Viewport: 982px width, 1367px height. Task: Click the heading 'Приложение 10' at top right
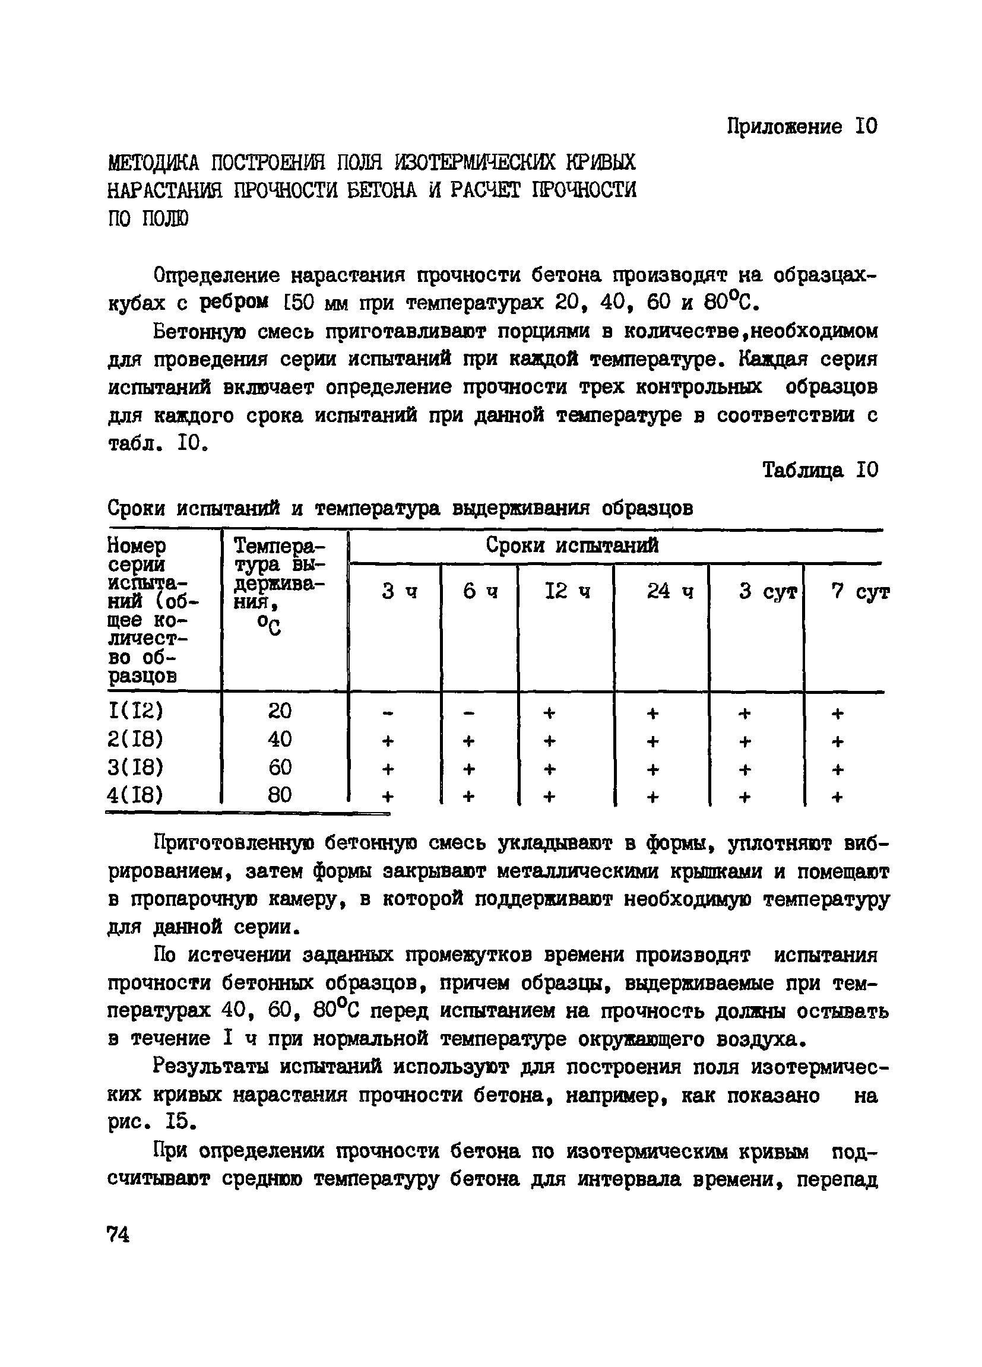point(802,126)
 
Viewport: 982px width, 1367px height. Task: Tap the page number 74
point(118,1236)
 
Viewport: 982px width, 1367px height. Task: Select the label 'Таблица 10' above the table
point(821,470)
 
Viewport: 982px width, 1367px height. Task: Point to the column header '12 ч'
point(566,592)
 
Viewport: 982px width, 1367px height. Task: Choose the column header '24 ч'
point(670,592)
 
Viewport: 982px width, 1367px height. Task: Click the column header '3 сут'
point(768,592)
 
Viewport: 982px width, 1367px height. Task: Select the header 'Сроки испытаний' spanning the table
point(572,545)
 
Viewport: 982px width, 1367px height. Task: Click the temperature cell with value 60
point(280,767)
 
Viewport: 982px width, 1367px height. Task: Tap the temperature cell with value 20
point(280,711)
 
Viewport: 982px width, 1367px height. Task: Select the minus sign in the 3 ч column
point(388,713)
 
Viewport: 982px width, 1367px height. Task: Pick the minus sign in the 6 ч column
point(469,713)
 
